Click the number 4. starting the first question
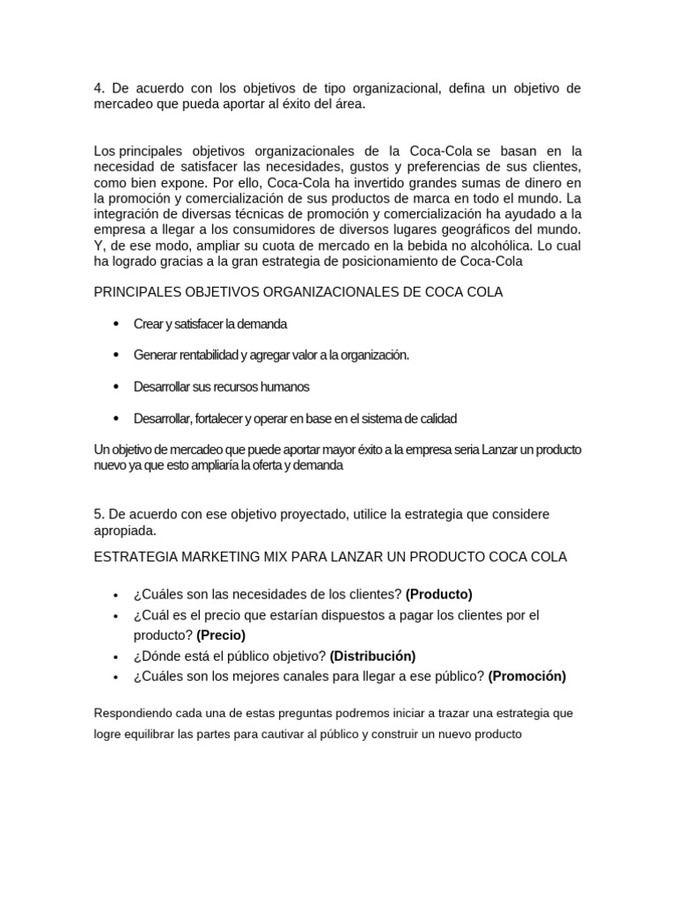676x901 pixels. tap(99, 89)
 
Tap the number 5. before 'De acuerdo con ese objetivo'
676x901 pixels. tap(99, 513)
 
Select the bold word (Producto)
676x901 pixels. tap(439, 594)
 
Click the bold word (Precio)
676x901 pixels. tap(221, 634)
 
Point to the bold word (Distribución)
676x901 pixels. tap(373, 656)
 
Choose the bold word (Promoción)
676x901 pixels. tap(527, 676)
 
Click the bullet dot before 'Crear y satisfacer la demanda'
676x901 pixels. tap(116, 324)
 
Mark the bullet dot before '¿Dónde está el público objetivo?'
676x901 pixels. tap(116, 656)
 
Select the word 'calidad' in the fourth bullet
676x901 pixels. tap(437, 419)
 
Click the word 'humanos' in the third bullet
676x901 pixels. tap(288, 387)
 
